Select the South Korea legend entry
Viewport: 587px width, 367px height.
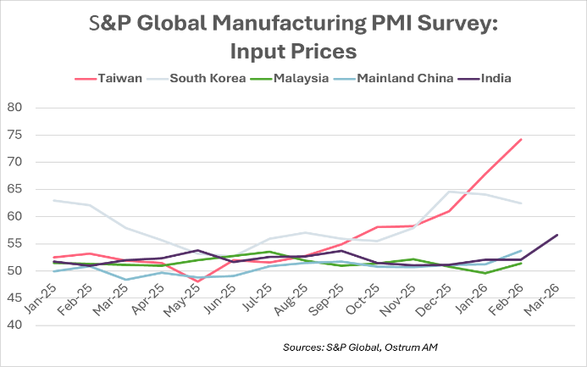pyautogui.click(x=209, y=79)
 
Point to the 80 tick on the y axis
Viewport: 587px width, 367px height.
pyautogui.click(x=14, y=108)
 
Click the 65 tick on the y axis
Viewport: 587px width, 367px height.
pyautogui.click(x=14, y=189)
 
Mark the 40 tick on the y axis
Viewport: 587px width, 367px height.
pyautogui.click(x=14, y=325)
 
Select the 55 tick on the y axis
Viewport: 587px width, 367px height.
pyautogui.click(x=14, y=244)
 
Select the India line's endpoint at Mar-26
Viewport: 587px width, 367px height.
pyautogui.click(x=557, y=235)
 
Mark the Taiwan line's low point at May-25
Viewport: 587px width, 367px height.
pyautogui.click(x=197, y=281)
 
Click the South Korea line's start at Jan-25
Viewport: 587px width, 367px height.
pyautogui.click(x=53, y=201)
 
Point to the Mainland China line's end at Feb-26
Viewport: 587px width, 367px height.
pyautogui.click(x=521, y=250)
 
